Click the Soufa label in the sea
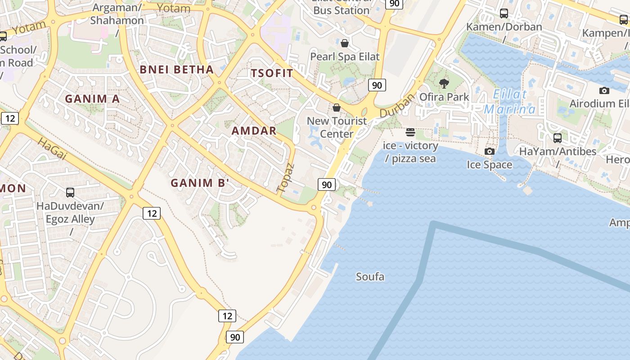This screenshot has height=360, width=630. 370,276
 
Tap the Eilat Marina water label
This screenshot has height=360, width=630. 510,102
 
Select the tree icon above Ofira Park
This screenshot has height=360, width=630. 444,84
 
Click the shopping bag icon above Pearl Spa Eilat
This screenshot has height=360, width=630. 345,43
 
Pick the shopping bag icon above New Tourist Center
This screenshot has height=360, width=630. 336,108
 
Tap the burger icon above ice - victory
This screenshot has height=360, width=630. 410,132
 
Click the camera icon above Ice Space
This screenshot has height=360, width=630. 489,152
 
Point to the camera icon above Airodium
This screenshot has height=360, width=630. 604,90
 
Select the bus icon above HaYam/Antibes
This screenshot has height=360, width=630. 558,138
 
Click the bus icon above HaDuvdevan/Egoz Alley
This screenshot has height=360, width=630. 70,193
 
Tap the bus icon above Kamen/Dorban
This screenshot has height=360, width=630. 504,13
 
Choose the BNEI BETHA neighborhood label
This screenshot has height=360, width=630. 176,69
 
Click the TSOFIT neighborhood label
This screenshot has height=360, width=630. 272,73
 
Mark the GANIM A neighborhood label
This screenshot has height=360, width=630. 92,99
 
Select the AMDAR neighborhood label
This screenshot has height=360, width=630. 254,131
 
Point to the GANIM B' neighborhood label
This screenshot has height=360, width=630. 200,183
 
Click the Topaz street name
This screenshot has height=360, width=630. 286,178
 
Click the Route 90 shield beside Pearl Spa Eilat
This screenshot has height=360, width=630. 377,85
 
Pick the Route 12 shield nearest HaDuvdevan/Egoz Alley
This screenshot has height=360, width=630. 152,213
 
